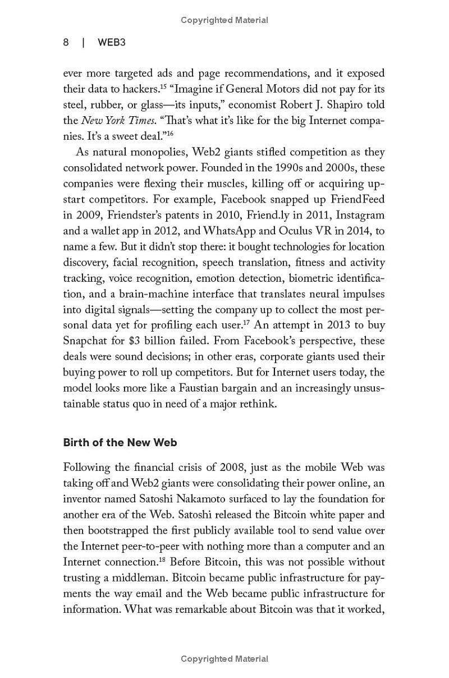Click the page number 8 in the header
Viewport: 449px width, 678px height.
pyautogui.click(x=66, y=43)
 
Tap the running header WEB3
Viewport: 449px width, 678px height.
pyautogui.click(x=112, y=43)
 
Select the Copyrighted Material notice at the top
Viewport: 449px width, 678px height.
pyautogui.click(x=224, y=20)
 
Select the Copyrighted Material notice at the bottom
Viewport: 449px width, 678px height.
pyautogui.click(x=224, y=659)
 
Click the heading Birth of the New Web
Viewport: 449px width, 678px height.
pyautogui.click(x=120, y=442)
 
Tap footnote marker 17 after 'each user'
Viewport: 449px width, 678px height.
pyautogui.click(x=246, y=322)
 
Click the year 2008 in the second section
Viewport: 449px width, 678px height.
pyautogui.click(x=235, y=467)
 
